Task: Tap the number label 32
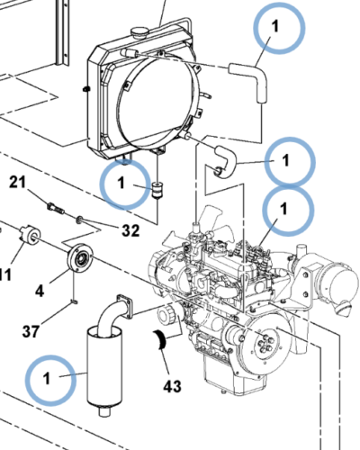pos(130,230)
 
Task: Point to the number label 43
pos(172,387)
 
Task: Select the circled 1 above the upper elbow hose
pos(277,27)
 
